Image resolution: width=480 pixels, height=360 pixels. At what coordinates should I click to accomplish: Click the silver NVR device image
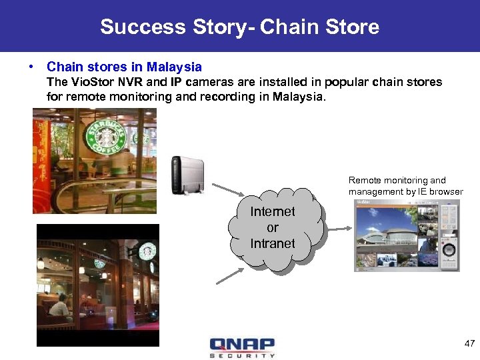[186, 175]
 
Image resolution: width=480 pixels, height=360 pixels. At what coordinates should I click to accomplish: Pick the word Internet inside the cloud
[272, 212]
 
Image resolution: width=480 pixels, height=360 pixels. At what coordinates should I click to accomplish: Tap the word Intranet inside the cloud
[272, 243]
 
